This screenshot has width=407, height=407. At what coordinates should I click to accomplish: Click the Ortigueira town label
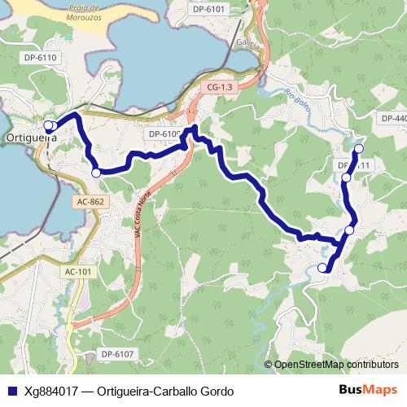point(31,138)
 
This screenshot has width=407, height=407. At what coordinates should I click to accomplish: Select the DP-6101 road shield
point(210,8)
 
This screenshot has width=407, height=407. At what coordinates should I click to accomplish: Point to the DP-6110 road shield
point(40,58)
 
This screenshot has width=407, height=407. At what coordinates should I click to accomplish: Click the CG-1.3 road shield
point(220,86)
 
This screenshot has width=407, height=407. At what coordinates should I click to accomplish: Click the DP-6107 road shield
point(117,353)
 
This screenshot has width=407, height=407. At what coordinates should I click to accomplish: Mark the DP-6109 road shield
point(164,133)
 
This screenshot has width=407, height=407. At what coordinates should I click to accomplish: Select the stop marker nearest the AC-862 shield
point(96,173)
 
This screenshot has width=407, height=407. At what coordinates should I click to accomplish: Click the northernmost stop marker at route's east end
point(359,148)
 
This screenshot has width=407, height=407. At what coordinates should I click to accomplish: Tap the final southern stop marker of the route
point(322,268)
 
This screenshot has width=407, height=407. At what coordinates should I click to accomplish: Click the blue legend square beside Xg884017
point(11,391)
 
